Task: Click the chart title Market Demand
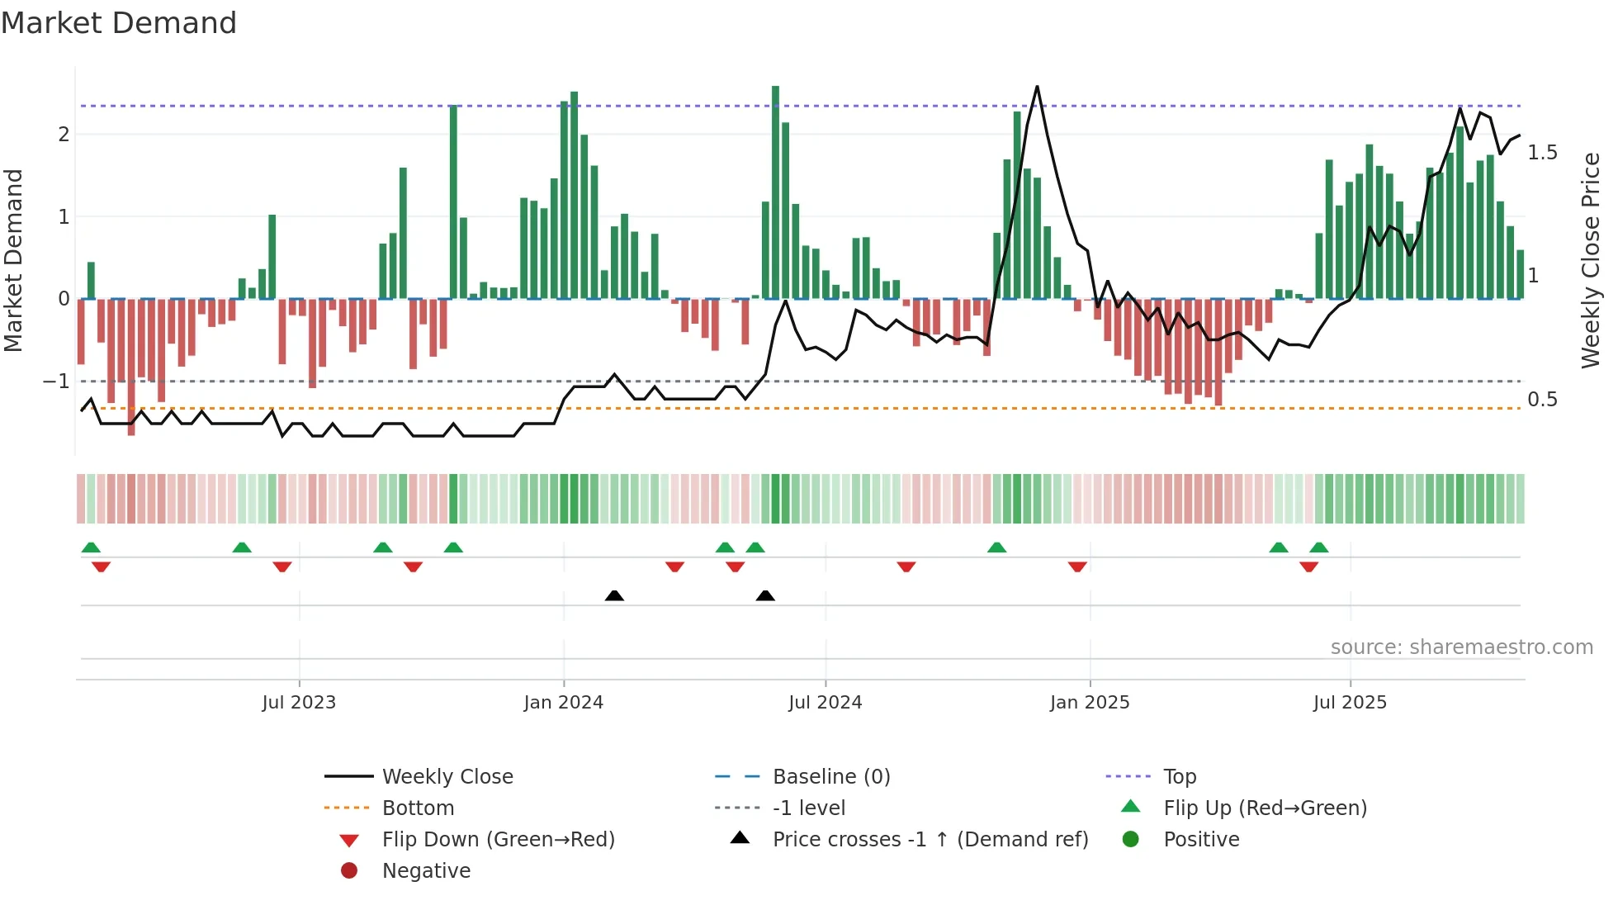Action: click(119, 23)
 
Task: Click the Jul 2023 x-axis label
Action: click(299, 703)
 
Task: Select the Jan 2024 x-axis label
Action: click(564, 703)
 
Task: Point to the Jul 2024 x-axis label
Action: click(826, 703)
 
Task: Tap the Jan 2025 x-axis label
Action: click(1090, 703)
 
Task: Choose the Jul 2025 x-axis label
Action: click(1351, 703)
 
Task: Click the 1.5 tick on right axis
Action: click(1542, 153)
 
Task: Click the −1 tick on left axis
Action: click(56, 382)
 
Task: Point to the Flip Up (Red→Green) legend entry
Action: click(1265, 808)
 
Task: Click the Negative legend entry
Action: click(426, 871)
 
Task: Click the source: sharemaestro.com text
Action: click(1461, 647)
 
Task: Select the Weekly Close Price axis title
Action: click(1591, 260)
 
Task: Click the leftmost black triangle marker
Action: click(614, 595)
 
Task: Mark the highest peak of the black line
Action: click(1037, 87)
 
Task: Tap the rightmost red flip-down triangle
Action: click(1308, 566)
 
